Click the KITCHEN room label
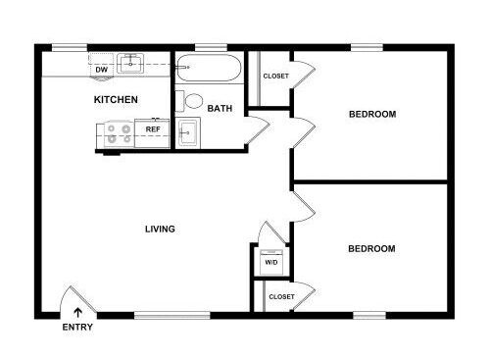(x=116, y=99)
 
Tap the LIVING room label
(x=160, y=229)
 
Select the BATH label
(x=220, y=108)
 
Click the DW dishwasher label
(x=102, y=70)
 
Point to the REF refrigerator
(x=152, y=133)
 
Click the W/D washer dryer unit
(x=271, y=262)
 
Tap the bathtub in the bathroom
(x=209, y=68)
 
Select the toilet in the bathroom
(x=189, y=101)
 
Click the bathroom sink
(x=188, y=132)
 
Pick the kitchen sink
(x=130, y=64)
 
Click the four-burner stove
(x=119, y=134)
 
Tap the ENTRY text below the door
(x=77, y=327)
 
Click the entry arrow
(x=77, y=313)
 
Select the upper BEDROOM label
(x=372, y=114)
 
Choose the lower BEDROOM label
(x=371, y=249)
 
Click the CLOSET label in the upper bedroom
(x=276, y=76)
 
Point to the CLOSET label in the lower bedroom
(x=281, y=296)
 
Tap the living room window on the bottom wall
(x=172, y=316)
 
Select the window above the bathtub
(x=211, y=48)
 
